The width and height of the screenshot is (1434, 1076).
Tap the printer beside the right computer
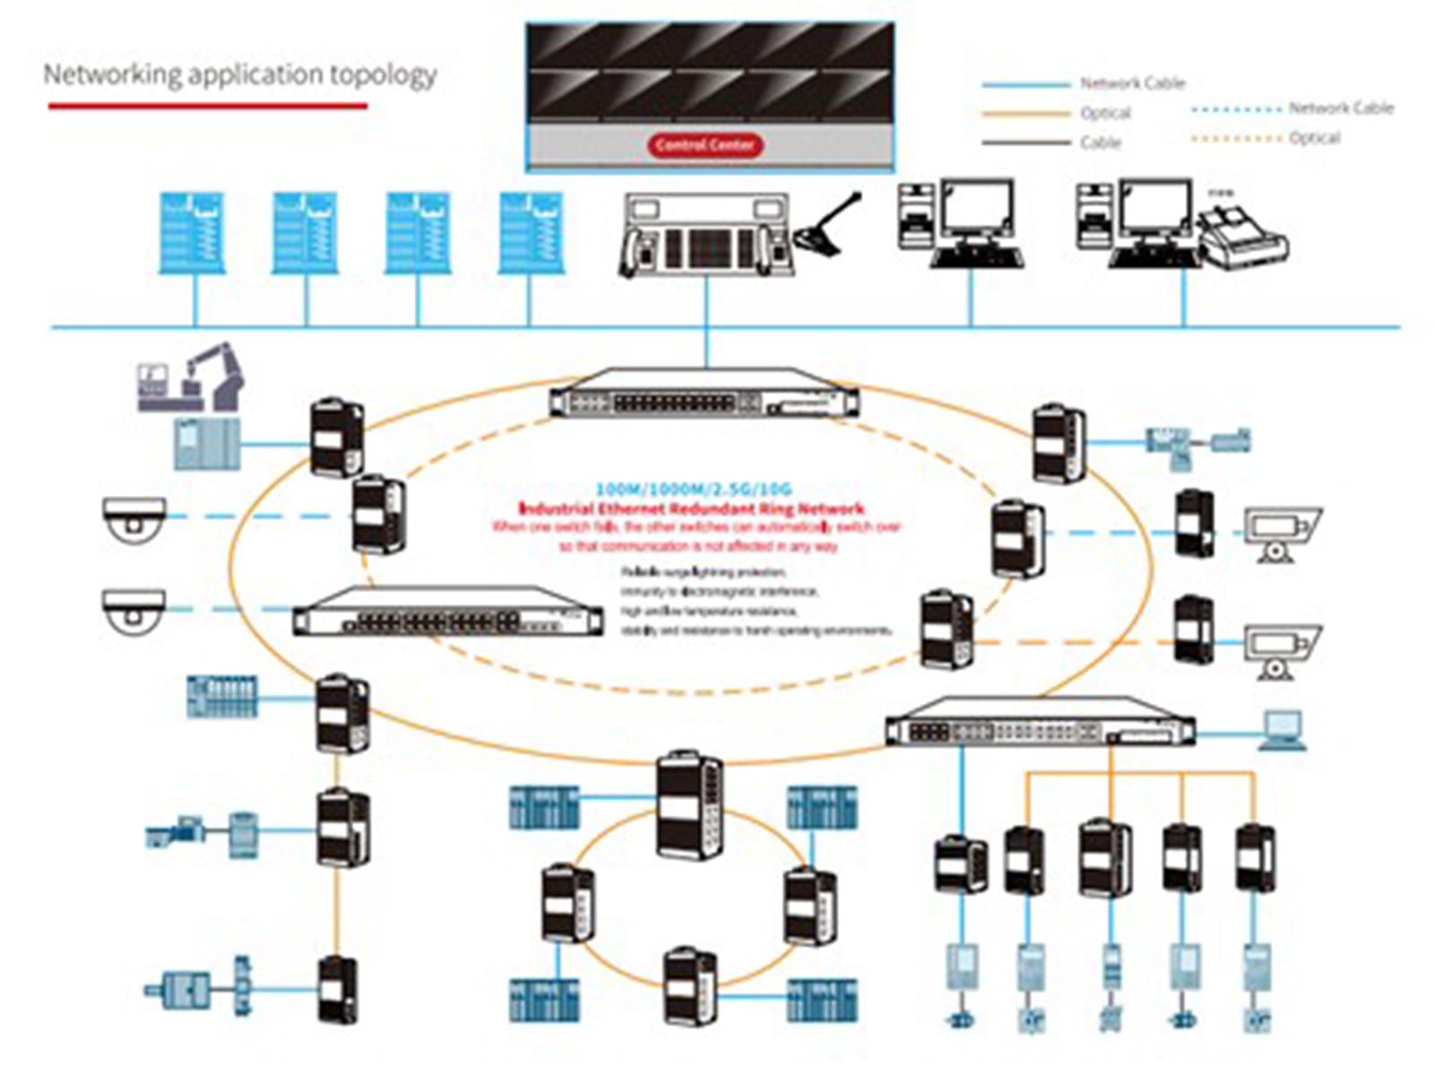pyautogui.click(x=1243, y=237)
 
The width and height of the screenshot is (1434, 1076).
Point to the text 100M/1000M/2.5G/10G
pyautogui.click(x=694, y=490)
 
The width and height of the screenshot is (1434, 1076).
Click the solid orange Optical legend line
pyautogui.click(x=1025, y=114)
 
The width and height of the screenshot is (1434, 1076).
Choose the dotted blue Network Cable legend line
pyautogui.click(x=1236, y=109)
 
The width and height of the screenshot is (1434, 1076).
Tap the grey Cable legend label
pyautogui.click(x=1101, y=143)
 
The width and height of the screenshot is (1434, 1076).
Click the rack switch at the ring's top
pyautogui.click(x=704, y=394)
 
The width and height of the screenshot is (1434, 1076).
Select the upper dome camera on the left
pyautogui.click(x=134, y=519)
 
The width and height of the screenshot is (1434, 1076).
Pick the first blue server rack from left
pyautogui.click(x=191, y=232)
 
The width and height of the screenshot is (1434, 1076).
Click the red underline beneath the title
pyautogui.click(x=208, y=106)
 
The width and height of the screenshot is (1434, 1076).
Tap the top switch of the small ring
pyautogui.click(x=688, y=807)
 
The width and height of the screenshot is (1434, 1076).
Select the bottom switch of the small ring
pyautogui.click(x=690, y=986)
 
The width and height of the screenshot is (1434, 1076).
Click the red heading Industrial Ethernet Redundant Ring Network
pyautogui.click(x=692, y=508)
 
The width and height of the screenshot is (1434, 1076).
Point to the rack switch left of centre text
pyautogui.click(x=448, y=612)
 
